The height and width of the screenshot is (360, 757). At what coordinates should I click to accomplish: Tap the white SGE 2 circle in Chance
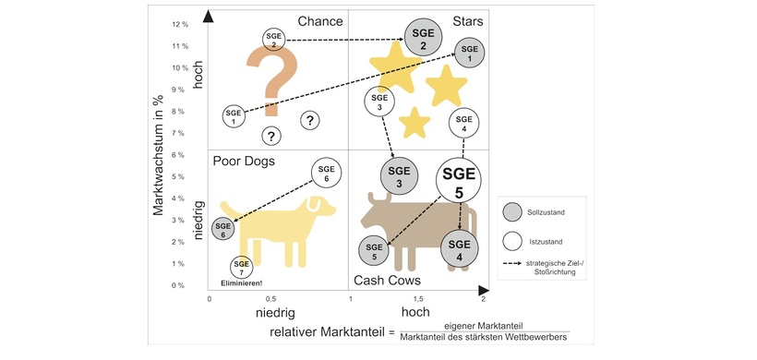click(x=274, y=40)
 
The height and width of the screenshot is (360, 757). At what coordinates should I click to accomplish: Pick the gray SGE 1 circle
click(x=469, y=53)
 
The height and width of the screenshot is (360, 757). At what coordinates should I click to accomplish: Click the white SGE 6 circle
click(x=326, y=173)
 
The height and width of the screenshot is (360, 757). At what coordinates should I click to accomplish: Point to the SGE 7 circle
click(x=241, y=268)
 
